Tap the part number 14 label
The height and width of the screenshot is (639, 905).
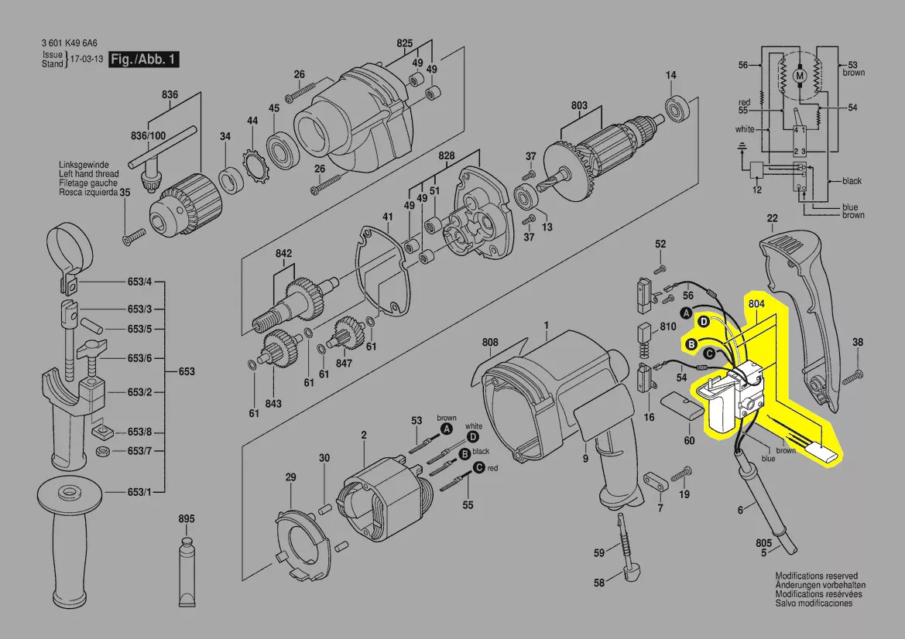pos(671,75)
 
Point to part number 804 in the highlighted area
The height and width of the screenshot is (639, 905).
pos(757,305)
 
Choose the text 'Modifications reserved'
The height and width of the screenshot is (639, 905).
pos(816,576)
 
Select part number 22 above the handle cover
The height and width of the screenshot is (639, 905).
pos(772,217)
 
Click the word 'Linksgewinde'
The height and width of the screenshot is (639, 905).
pos(88,165)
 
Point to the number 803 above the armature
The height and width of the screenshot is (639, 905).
pos(579,106)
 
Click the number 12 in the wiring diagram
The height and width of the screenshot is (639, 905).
pos(756,190)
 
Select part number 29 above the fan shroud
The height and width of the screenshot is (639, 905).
pos(290,477)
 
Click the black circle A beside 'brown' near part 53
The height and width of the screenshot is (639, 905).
pos(447,428)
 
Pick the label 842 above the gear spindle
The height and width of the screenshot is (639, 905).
pos(283,255)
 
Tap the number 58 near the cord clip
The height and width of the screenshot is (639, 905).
pos(599,583)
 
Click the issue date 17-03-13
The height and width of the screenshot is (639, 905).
pos(87,60)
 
